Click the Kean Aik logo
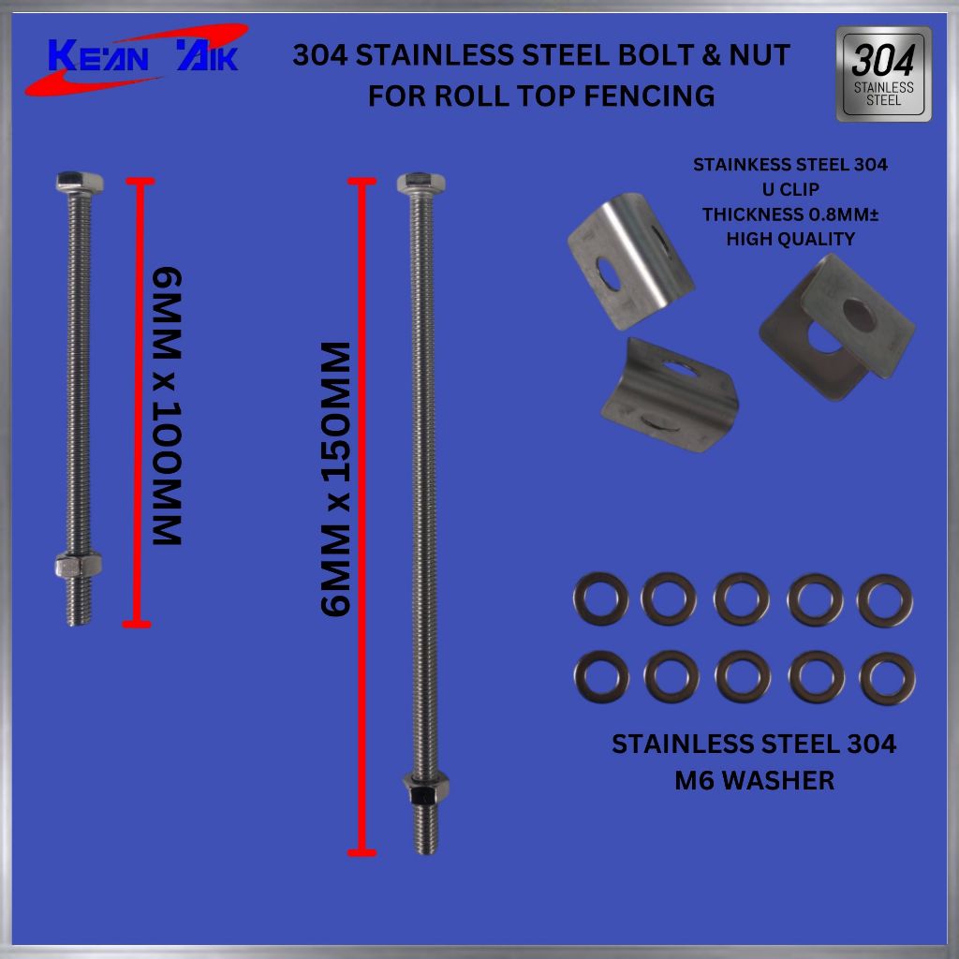pos(136,59)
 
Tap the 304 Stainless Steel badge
pos(883,75)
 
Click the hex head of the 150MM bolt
pos(420,183)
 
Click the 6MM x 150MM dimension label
pos(334,479)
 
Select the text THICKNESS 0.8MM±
pos(790,214)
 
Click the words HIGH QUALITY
pos(790,239)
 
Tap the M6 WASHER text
pos(754,780)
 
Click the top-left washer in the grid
pos(600,599)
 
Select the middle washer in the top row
pos(742,599)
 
